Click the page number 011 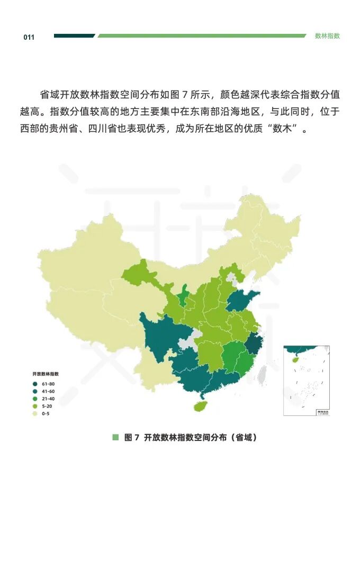point(29,37)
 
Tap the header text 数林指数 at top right point(327,36)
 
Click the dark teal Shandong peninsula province point(241,301)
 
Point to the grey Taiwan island point(262,374)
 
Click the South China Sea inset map point(307,380)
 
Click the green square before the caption point(115,437)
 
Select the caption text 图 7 point(131,438)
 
